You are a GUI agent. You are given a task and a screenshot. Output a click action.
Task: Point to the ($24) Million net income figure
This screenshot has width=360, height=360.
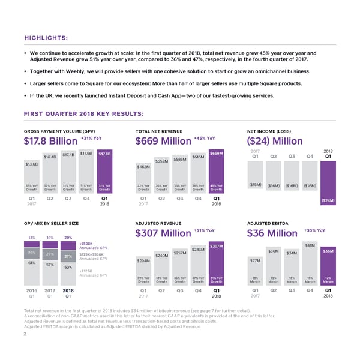pyautogui.click(x=277, y=142)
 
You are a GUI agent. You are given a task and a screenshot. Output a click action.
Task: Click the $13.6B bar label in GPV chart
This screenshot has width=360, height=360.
pyautogui.click(x=32, y=164)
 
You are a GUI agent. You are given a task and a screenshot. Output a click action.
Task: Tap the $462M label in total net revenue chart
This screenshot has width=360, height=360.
pyautogui.click(x=143, y=166)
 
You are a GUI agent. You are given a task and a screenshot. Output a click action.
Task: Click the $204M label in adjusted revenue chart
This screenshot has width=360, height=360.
pyautogui.click(x=143, y=260)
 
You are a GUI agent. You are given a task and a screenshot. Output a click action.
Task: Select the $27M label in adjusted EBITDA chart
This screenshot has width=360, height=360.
pyautogui.click(x=255, y=260)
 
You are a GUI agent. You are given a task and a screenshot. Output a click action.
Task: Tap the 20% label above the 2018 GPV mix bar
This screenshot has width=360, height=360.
pyautogui.click(x=68, y=237)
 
